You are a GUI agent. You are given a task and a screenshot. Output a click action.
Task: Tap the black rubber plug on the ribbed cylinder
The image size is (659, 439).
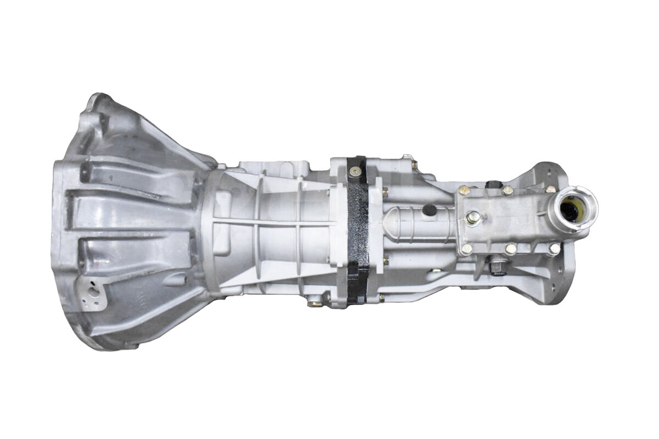pos(430,210)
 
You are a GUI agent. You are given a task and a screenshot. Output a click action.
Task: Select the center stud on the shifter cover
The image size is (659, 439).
pos(471,218)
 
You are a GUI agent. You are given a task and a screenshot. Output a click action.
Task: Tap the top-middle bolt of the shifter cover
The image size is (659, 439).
pos(508,190)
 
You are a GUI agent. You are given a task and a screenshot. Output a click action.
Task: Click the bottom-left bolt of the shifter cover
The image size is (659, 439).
pos(467,249)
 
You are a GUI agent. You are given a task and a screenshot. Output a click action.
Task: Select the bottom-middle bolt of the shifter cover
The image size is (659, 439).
pos(511,249)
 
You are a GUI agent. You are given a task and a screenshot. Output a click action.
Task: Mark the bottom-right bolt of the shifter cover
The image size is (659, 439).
pos(554,249)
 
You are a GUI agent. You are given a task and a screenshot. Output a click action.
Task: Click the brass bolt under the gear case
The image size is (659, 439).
pos(314,302)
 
